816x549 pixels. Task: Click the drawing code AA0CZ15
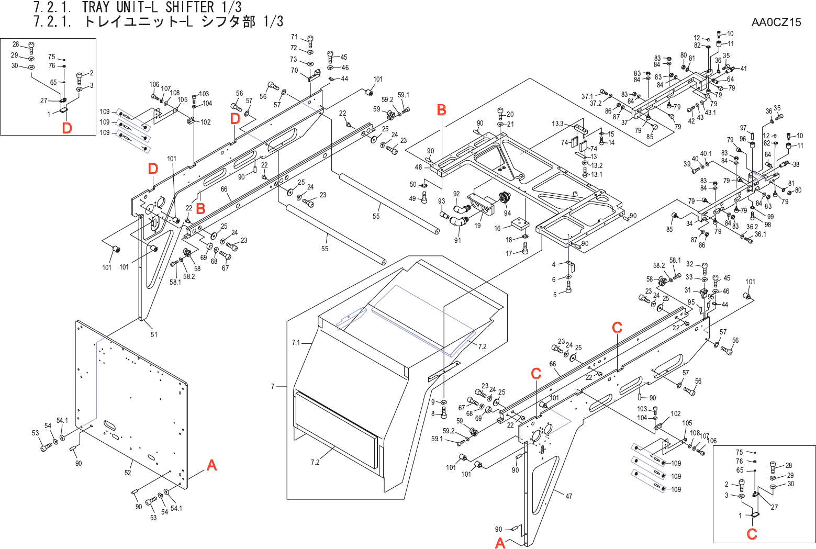[x=776, y=22]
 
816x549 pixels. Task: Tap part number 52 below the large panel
[x=128, y=473]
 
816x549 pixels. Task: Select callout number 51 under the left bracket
[x=154, y=334]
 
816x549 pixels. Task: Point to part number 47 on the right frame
[x=568, y=496]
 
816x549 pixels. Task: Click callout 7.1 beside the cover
[x=296, y=343]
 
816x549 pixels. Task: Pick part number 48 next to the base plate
[x=418, y=167]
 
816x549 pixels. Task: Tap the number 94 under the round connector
[x=507, y=213]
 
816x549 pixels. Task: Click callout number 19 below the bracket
[x=477, y=226]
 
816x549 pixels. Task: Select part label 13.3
[x=557, y=124]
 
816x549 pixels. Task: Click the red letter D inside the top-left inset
[x=66, y=128]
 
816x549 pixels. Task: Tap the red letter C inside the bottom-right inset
[x=752, y=534]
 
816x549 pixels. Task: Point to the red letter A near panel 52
[x=211, y=465]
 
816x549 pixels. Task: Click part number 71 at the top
[x=294, y=37]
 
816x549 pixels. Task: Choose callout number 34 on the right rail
[x=689, y=223]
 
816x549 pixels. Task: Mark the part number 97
[x=743, y=128]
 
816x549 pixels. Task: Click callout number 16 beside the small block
[x=497, y=228]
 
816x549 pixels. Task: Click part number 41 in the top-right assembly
[x=743, y=69]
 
